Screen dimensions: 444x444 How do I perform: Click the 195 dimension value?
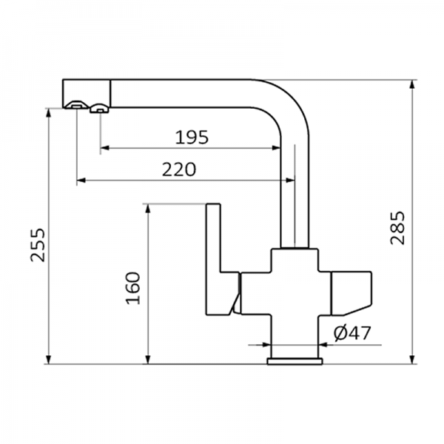click(192, 137)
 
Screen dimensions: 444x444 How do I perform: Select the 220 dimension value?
click(179, 169)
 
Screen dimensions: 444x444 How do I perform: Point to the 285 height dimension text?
click(397, 227)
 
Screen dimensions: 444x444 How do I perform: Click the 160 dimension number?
click(132, 288)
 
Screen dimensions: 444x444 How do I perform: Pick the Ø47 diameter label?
click(352, 334)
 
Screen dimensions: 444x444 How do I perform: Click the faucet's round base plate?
click(295, 360)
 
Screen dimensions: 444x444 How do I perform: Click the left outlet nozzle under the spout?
click(75, 105)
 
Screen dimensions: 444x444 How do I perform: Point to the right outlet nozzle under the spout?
click(98, 110)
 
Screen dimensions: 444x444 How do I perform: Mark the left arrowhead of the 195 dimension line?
click(104, 148)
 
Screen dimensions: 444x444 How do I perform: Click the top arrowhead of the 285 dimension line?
click(411, 83)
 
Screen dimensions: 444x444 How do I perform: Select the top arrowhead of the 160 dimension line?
click(149, 207)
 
